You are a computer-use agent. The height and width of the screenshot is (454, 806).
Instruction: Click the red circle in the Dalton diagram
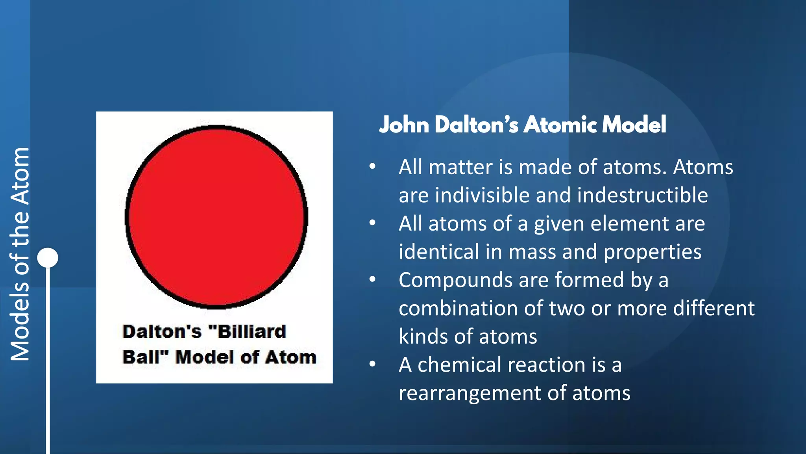pyautogui.click(x=216, y=217)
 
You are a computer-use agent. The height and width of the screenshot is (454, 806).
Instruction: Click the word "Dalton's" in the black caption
pyautogui.click(x=162, y=331)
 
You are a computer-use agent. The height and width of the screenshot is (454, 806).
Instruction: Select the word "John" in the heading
pyautogui.click(x=404, y=125)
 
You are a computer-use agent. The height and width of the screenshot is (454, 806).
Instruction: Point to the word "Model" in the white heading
pyautogui.click(x=634, y=125)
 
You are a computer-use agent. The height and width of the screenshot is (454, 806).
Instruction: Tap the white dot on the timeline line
pyautogui.click(x=48, y=258)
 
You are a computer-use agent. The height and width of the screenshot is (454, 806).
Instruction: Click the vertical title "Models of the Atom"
pyautogui.click(x=20, y=254)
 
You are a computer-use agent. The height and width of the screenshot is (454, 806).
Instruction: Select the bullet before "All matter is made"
pyautogui.click(x=372, y=166)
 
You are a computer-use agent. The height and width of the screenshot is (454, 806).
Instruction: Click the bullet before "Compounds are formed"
pyautogui.click(x=372, y=279)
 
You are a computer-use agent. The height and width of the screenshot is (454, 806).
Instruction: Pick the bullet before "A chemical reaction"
pyautogui.click(x=372, y=364)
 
